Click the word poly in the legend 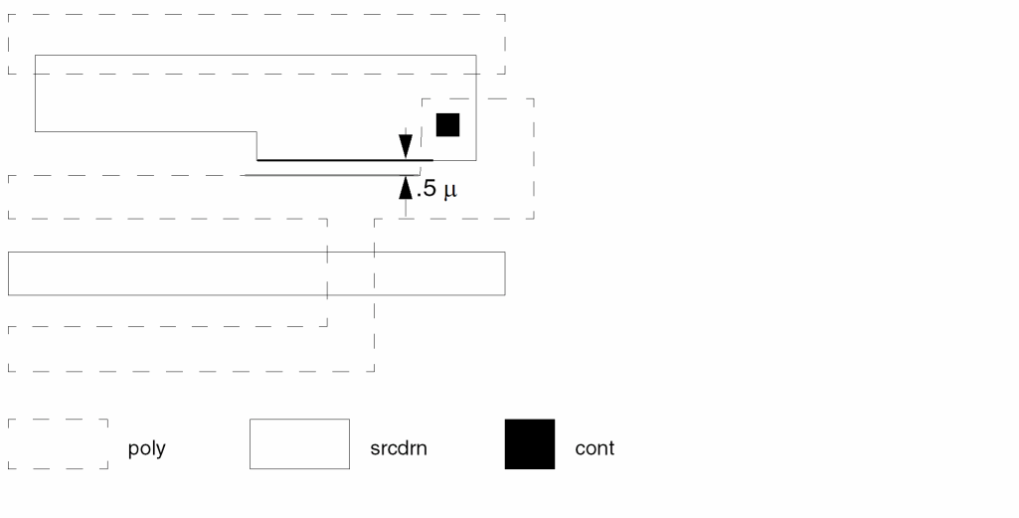point(147,448)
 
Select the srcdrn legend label point(399,448)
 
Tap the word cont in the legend point(594,448)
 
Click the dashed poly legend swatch point(58,420)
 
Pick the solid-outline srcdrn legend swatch point(299,420)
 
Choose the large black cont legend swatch point(530,443)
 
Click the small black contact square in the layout point(447,125)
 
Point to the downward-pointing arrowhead point(406,147)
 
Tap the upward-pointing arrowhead point(406,187)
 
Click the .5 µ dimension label point(436,189)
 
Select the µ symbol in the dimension point(450,191)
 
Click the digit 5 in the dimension point(428,189)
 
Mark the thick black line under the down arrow point(344,160)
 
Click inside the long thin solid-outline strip point(256,273)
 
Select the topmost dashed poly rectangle point(256,14)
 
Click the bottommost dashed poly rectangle point(191,371)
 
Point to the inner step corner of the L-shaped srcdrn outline point(256,132)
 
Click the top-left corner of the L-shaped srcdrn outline point(35,56)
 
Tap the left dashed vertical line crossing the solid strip point(327,273)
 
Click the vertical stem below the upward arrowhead point(406,208)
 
